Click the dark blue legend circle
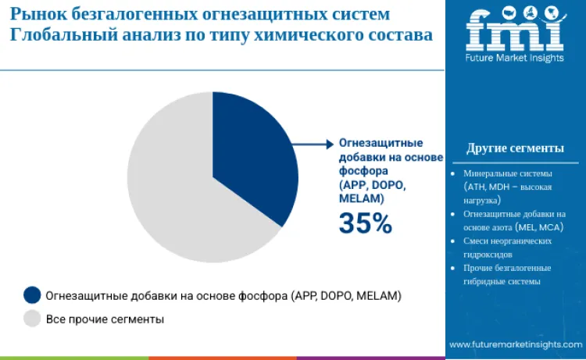tap(32, 295)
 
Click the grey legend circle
tap(32, 319)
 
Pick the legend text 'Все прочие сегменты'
tap(105, 319)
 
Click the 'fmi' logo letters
tap(515, 32)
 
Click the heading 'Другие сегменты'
tap(515, 148)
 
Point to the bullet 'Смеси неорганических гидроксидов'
tap(508, 248)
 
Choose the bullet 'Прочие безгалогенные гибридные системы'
tap(508, 275)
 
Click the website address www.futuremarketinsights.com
tap(515, 344)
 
